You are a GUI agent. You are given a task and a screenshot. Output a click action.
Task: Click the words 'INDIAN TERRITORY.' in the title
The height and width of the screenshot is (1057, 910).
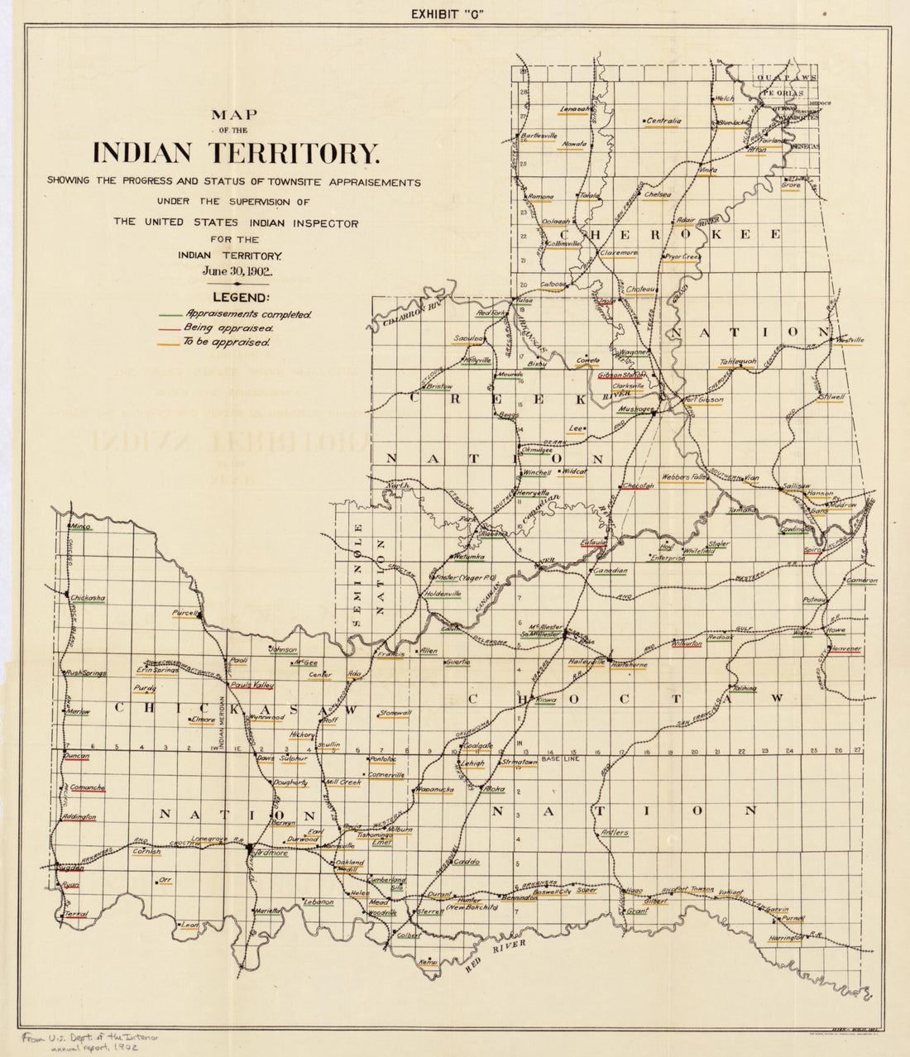(x=236, y=154)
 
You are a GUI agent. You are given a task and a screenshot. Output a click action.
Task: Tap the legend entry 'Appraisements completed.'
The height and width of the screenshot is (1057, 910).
(x=248, y=314)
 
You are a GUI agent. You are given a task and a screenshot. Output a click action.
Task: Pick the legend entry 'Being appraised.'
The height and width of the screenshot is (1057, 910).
(x=230, y=328)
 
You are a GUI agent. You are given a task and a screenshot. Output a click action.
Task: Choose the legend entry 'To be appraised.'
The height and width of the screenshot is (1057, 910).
(x=228, y=342)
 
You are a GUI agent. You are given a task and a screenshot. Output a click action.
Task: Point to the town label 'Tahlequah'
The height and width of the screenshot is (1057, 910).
(x=738, y=361)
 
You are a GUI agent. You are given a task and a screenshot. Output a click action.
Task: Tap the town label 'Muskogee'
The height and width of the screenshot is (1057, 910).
(x=637, y=409)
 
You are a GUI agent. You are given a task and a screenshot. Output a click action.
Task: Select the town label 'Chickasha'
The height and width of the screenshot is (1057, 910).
(x=88, y=597)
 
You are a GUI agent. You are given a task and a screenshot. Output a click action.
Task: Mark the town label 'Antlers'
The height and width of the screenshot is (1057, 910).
(x=615, y=832)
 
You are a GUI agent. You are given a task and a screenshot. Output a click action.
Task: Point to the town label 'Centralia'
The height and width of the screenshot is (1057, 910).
(x=663, y=121)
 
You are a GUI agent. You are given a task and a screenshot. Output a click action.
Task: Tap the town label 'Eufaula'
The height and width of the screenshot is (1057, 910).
(x=593, y=543)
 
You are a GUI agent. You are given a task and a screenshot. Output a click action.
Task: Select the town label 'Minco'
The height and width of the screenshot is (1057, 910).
(x=80, y=526)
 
